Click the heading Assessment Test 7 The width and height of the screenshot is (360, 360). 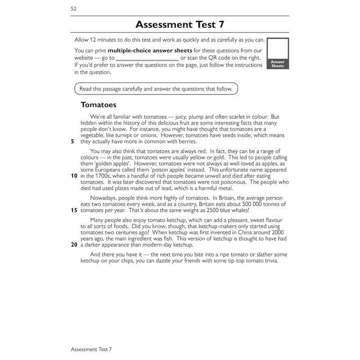(x=180, y=24)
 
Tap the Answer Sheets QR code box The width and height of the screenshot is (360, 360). (x=278, y=53)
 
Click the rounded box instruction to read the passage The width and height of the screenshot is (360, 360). (x=156, y=89)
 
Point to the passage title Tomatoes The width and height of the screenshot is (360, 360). (x=98, y=105)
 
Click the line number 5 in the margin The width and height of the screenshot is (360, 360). (x=73, y=141)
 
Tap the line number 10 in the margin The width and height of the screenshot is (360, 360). (x=74, y=176)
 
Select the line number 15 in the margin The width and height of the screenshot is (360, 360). (x=74, y=210)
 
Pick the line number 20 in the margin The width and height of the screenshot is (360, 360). (x=74, y=245)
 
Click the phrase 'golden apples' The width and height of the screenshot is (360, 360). (x=103, y=163)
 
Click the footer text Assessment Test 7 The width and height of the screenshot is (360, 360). (x=91, y=349)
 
